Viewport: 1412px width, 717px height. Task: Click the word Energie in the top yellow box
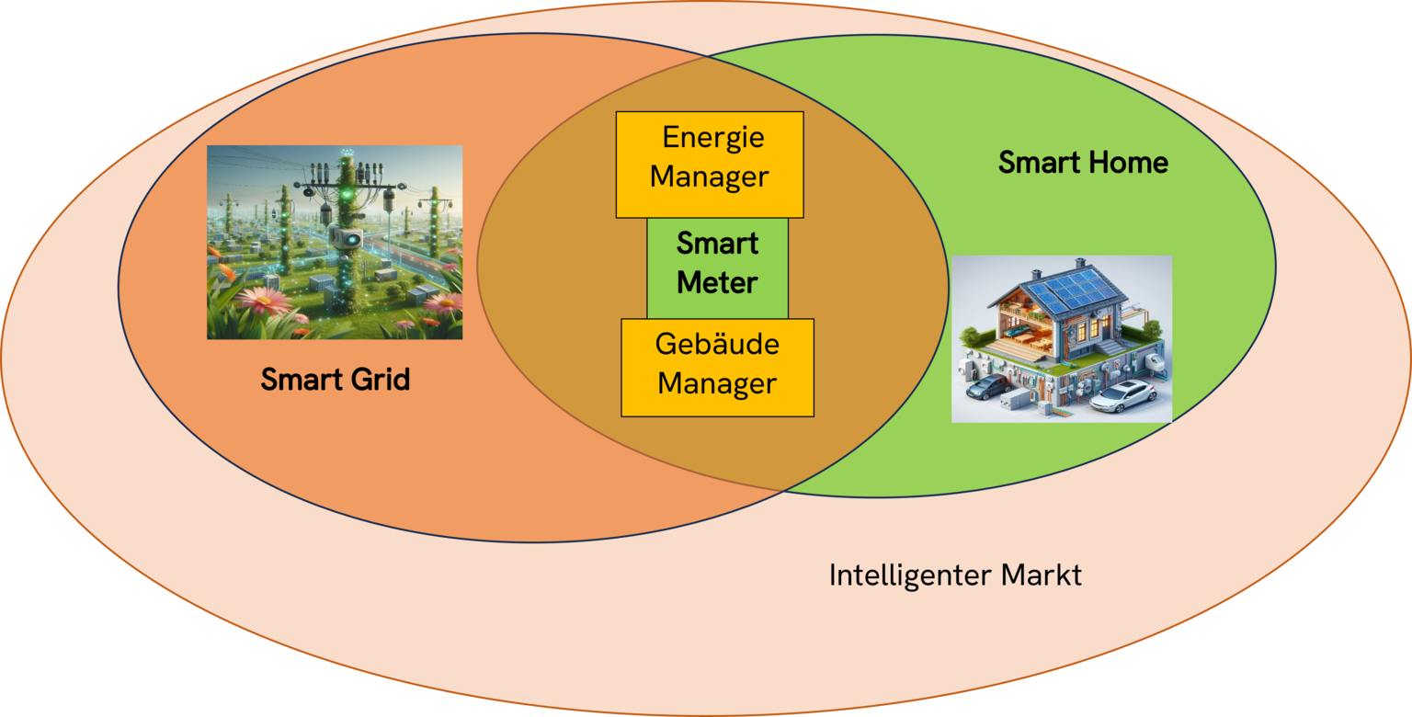[x=713, y=138]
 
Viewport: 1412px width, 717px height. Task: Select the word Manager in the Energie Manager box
[x=709, y=177]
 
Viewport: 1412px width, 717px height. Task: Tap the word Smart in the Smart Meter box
[x=717, y=244]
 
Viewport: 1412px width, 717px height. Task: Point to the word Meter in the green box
[x=717, y=282]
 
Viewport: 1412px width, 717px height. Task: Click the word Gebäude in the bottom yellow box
[x=717, y=344]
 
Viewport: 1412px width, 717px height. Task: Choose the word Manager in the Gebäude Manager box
[x=717, y=383]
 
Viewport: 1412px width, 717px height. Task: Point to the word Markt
[x=1042, y=575]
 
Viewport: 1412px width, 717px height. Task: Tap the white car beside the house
[x=1122, y=395]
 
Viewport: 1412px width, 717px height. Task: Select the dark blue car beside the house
[x=990, y=386]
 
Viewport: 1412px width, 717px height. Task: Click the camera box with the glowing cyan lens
[x=347, y=239]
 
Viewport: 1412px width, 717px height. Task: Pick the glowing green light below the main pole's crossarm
[x=346, y=196]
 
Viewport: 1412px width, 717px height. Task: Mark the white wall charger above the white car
[x=1153, y=361]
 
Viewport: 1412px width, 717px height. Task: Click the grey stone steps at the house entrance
[x=1110, y=347]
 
